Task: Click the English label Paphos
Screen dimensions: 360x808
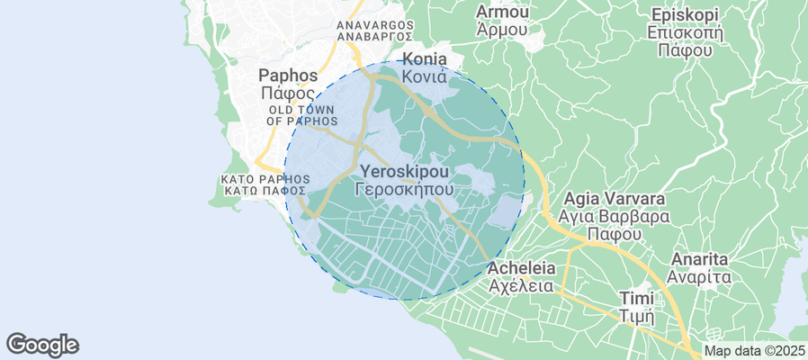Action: [288, 75]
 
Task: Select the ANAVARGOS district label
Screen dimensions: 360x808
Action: [374, 24]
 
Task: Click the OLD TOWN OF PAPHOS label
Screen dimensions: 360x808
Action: [301, 115]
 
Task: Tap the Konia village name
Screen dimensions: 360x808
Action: [425, 58]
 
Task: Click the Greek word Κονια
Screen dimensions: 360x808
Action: [425, 77]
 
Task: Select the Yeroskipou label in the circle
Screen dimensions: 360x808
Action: [404, 171]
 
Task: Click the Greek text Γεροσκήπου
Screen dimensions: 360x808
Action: [404, 190]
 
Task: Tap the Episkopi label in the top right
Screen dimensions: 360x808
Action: [685, 15]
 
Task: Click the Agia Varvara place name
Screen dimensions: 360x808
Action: [614, 199]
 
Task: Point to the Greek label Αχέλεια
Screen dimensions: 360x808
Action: [520, 286]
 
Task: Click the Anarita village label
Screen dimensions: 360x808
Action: [699, 259]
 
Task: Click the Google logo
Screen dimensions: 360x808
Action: [42, 344]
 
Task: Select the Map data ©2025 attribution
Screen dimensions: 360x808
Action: [754, 351]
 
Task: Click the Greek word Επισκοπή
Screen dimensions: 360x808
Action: [685, 33]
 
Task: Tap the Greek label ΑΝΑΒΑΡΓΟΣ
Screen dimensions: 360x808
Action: [374, 38]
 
